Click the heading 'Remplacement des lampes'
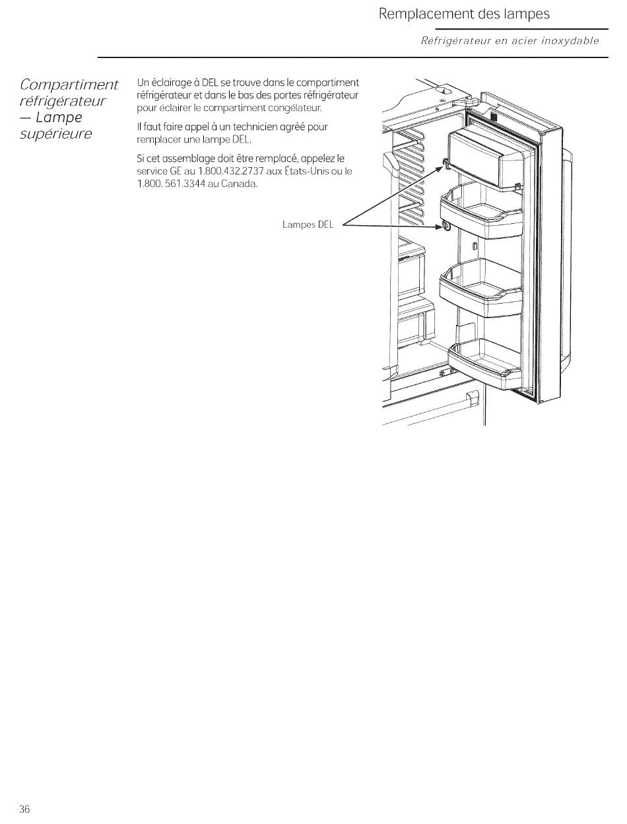click(x=464, y=15)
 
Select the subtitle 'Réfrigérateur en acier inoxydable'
click(x=510, y=41)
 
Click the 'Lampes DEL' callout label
click(x=308, y=224)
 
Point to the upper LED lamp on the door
click(x=445, y=163)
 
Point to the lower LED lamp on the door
click(x=446, y=226)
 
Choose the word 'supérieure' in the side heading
click(x=56, y=134)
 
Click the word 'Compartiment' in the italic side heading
click(x=69, y=85)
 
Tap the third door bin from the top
click(x=480, y=288)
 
